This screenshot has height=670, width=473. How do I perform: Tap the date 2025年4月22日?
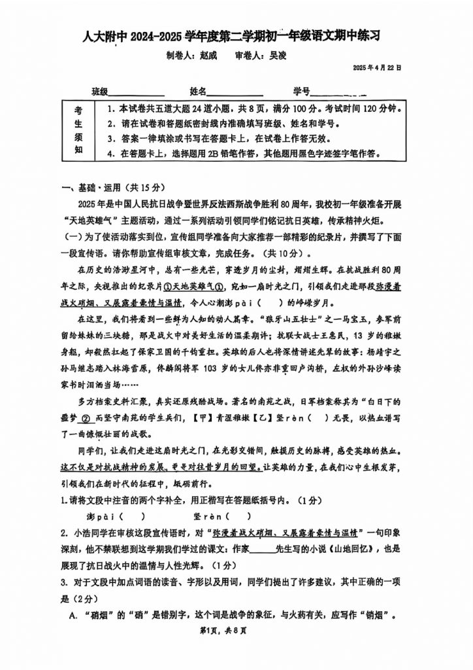377,67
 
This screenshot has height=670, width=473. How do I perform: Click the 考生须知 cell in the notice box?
79,130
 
